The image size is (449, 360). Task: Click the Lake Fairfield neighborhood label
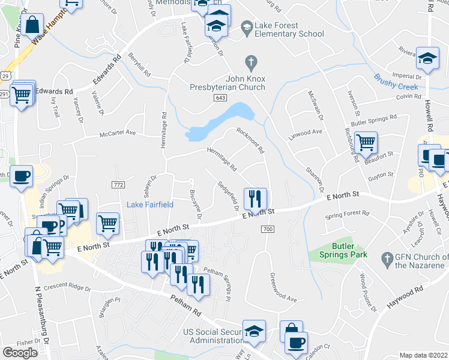pyautogui.click(x=150, y=205)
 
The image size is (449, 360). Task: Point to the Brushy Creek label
pyautogui.click(x=396, y=82)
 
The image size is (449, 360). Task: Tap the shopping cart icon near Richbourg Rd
pyautogui.click(x=366, y=143)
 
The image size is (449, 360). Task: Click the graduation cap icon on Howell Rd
pyautogui.click(x=427, y=58)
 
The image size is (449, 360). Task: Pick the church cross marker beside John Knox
pyautogui.click(x=250, y=61)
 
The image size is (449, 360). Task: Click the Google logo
pyautogui.click(x=20, y=353)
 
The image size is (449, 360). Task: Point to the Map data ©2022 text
pyautogui.click(x=423, y=355)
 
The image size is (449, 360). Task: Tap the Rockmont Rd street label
pyautogui.click(x=250, y=141)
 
